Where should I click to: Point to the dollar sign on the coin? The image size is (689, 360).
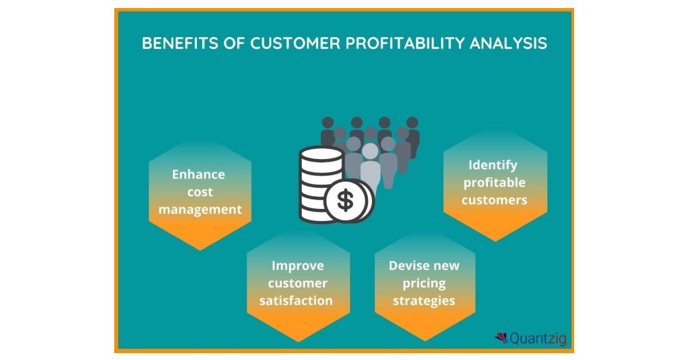(x=346, y=201)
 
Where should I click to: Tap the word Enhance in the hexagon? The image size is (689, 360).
(x=199, y=175)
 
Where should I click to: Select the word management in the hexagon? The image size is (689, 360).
(x=200, y=210)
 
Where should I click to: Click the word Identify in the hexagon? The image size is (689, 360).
(x=493, y=165)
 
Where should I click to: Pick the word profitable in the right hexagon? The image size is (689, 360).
(x=494, y=183)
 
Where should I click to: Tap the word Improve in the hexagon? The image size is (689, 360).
(x=297, y=266)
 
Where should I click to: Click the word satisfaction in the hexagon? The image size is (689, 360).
(x=296, y=300)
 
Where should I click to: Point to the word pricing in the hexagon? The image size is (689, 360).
(x=424, y=283)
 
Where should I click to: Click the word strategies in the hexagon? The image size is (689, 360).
(x=424, y=300)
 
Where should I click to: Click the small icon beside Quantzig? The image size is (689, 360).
(x=500, y=338)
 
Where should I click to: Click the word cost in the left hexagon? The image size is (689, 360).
(x=199, y=192)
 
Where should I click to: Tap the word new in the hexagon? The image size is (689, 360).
(x=446, y=266)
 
